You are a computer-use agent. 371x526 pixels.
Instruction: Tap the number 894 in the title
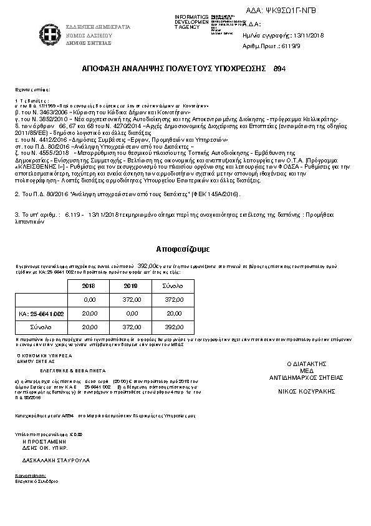pos(279,67)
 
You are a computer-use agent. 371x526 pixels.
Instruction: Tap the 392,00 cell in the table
pos(173,327)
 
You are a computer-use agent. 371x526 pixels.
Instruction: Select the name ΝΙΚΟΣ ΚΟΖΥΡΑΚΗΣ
pos(306,391)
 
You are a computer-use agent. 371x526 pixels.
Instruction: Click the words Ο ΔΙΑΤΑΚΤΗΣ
pos(306,364)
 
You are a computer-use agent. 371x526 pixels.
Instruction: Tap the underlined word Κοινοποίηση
pos(28,475)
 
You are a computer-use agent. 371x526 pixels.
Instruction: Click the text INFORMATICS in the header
pos(191,15)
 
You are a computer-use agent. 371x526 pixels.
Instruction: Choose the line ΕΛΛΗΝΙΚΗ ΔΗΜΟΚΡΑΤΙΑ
pos(90,28)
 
